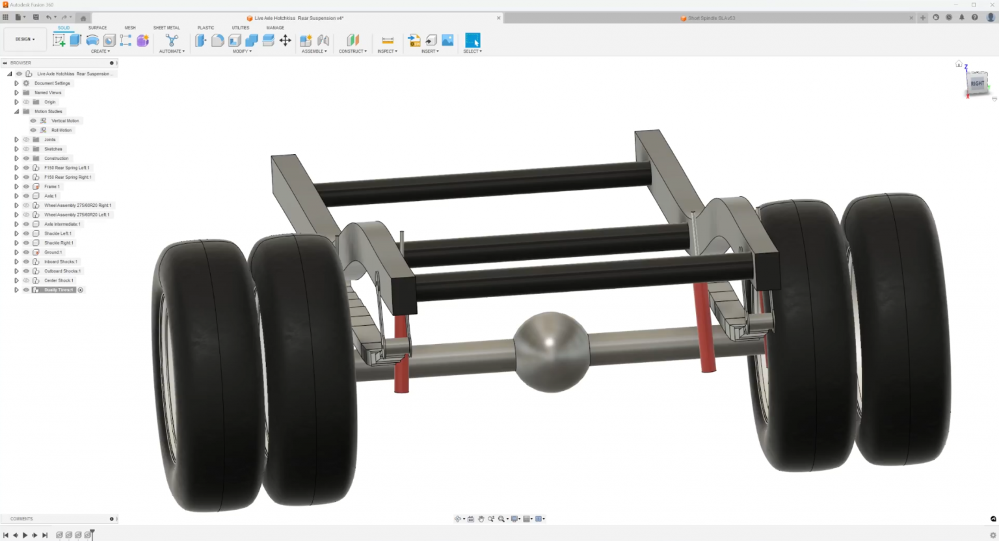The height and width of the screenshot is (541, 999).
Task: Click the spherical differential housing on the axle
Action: click(551, 351)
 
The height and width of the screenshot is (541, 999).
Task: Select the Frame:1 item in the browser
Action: click(52, 187)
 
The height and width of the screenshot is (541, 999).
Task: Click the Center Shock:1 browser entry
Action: click(59, 280)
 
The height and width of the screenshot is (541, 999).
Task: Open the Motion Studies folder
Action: click(48, 111)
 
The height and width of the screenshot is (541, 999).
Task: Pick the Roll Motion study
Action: click(61, 130)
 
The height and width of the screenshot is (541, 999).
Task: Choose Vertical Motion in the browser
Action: click(65, 121)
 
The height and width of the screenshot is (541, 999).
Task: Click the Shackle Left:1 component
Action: click(58, 233)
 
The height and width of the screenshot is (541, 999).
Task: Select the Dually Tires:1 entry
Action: click(59, 290)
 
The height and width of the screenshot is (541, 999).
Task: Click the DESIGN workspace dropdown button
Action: click(25, 40)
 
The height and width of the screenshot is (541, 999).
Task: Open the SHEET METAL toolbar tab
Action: click(166, 28)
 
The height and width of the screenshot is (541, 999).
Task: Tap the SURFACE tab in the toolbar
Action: click(98, 28)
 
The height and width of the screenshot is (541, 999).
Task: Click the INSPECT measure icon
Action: click(388, 40)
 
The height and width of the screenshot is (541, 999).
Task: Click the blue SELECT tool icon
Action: click(473, 40)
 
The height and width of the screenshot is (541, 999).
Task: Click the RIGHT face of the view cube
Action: click(977, 84)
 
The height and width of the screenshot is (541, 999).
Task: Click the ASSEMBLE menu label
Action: click(314, 51)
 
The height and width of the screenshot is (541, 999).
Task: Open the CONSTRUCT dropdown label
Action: click(353, 51)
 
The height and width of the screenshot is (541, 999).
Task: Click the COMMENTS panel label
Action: click(21, 519)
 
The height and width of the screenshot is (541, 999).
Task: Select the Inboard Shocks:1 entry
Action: click(60, 261)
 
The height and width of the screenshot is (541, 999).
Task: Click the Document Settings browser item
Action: click(52, 83)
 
